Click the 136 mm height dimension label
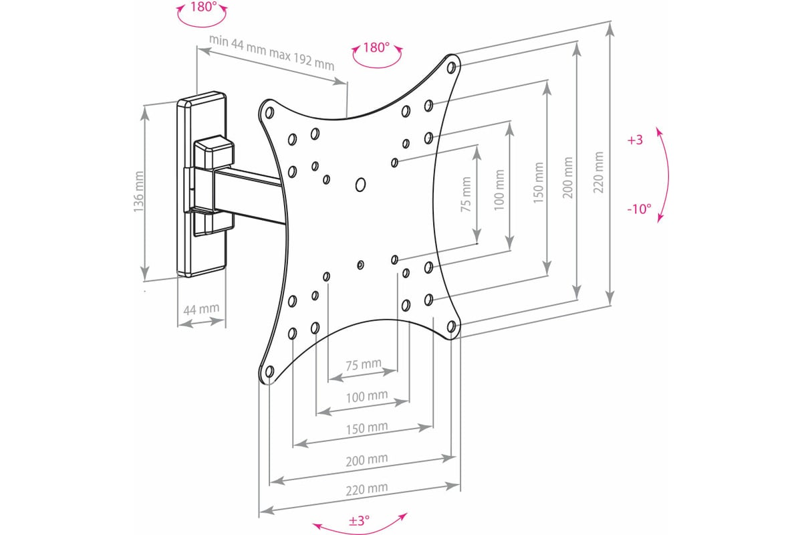pyautogui.click(x=138, y=192)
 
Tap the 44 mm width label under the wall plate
pyautogui.click(x=201, y=309)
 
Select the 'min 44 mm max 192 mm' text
pyautogui.click(x=271, y=53)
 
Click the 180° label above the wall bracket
pyautogui.click(x=203, y=7)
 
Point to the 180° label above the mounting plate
pyautogui.click(x=376, y=47)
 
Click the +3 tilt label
pyautogui.click(x=635, y=140)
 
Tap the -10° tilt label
pyautogui.click(x=639, y=209)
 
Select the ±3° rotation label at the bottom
pyautogui.click(x=359, y=520)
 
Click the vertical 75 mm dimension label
pyautogui.click(x=466, y=195)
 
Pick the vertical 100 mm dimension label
pyautogui.click(x=499, y=190)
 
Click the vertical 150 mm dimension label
pyautogui.click(x=538, y=183)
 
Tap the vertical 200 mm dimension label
pyautogui.click(x=568, y=177)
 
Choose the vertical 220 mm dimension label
pyautogui.click(x=599, y=173)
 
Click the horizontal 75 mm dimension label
pyautogui.click(x=364, y=364)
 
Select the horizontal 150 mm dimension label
pyautogui.click(x=367, y=428)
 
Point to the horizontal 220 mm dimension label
pyautogui.click(x=367, y=489)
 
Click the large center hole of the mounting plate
pyautogui.click(x=360, y=185)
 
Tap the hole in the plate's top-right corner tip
pyautogui.click(x=452, y=68)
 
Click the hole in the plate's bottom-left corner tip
pyautogui.click(x=270, y=372)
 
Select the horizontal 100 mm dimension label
pyautogui.click(x=367, y=397)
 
